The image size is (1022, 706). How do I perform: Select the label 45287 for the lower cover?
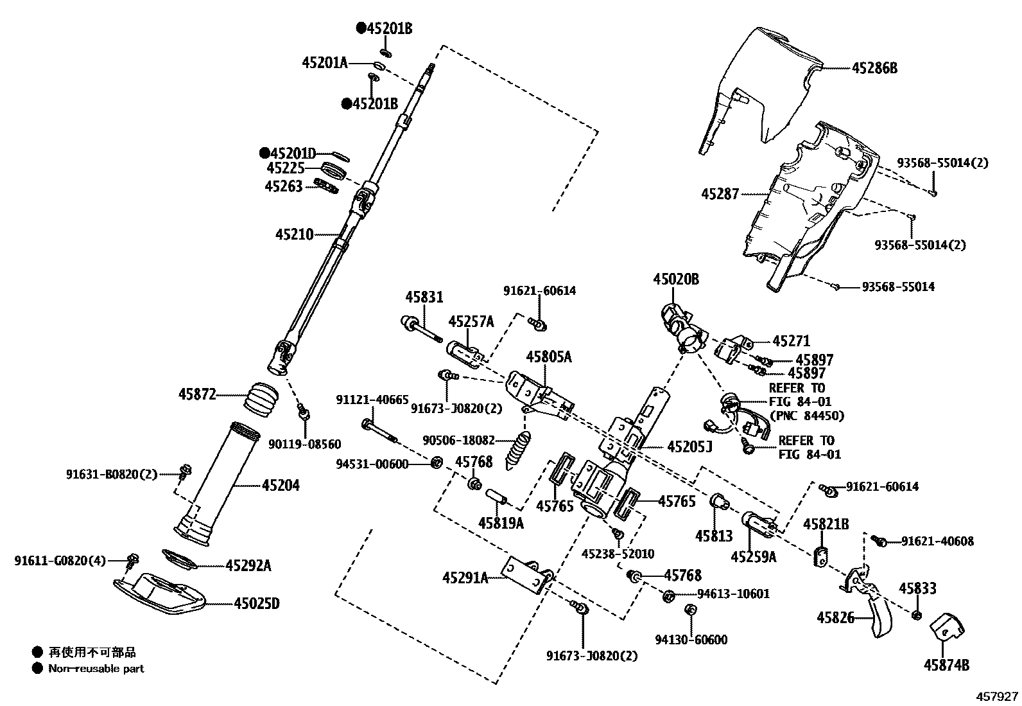(x=720, y=193)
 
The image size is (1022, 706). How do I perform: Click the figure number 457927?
(x=997, y=696)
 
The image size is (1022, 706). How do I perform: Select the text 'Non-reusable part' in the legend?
(x=96, y=669)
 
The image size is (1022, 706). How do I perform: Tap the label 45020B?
(x=676, y=279)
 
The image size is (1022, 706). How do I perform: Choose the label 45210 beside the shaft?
(x=295, y=234)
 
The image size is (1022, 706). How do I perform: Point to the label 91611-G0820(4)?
(x=60, y=561)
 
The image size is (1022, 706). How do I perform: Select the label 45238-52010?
(x=618, y=554)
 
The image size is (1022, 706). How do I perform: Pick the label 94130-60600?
(x=691, y=639)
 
